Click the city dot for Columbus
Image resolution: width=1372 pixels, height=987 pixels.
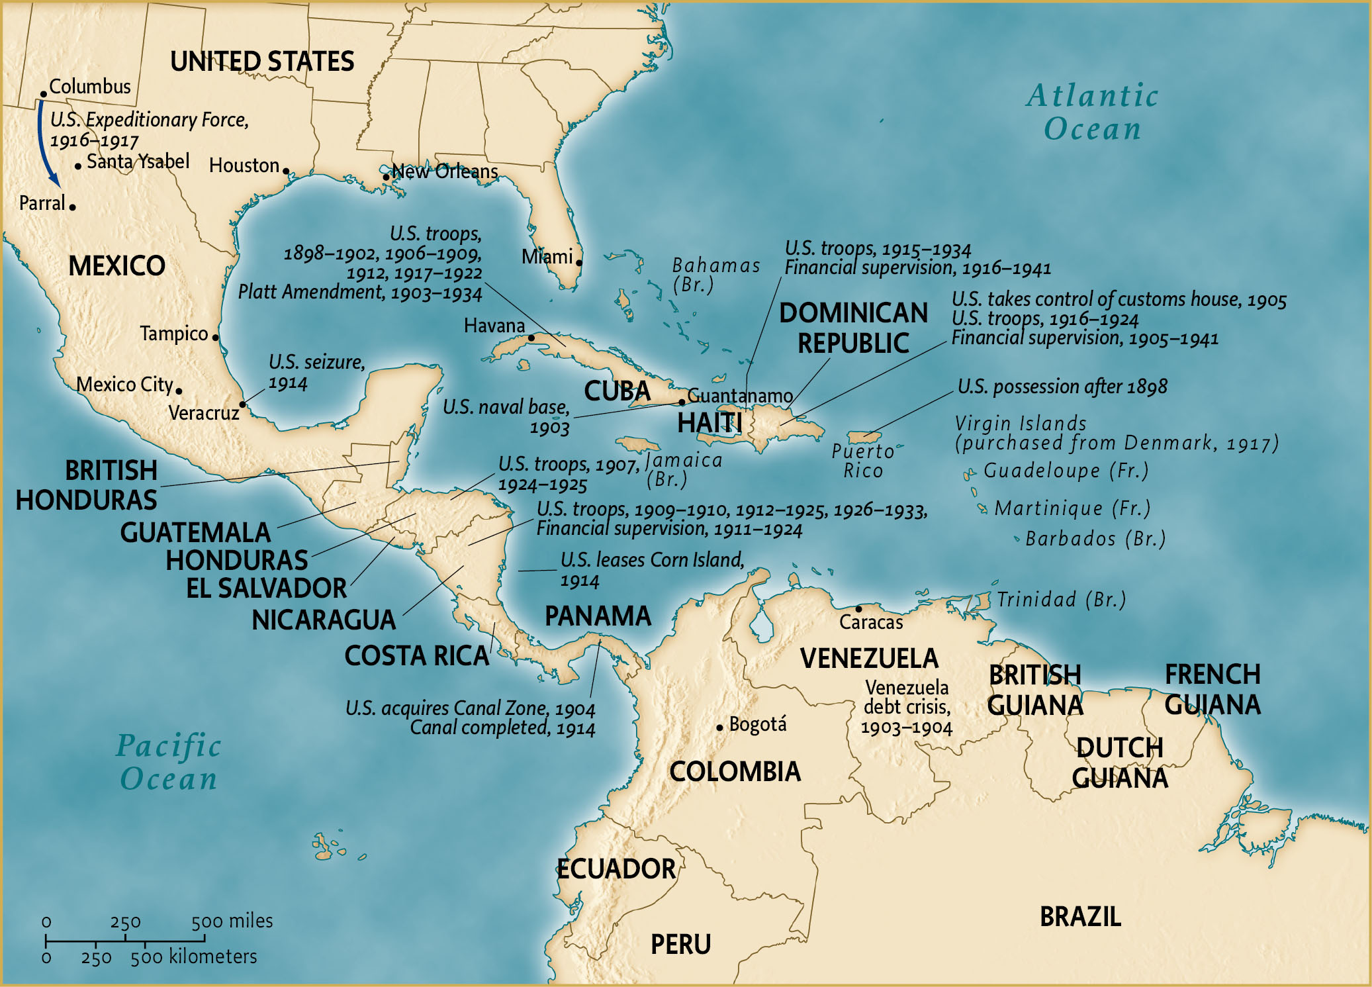click(44, 94)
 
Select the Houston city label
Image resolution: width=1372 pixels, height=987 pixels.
click(244, 165)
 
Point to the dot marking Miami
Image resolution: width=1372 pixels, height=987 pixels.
click(578, 263)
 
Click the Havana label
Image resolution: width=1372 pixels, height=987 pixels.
click(494, 326)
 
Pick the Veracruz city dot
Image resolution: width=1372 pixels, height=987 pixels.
click(242, 404)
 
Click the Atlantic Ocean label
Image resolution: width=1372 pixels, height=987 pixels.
click(1092, 112)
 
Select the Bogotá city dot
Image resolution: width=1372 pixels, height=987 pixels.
click(719, 728)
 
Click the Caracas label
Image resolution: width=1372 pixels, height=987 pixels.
click(870, 622)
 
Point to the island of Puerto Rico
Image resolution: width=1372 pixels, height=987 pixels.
click(864, 437)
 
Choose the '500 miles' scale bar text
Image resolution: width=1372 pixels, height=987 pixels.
click(232, 921)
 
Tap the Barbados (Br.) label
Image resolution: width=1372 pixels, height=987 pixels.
click(1095, 539)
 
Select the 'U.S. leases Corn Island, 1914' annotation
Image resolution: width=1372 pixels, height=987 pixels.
click(652, 569)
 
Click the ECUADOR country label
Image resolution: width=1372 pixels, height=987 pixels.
click(616, 869)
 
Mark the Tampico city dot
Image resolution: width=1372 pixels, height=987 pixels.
click(215, 337)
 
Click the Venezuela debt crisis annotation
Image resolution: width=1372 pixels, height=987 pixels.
click(906, 707)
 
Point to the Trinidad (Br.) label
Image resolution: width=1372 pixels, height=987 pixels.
click(1061, 600)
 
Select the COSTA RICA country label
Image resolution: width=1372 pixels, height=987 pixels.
click(416, 656)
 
